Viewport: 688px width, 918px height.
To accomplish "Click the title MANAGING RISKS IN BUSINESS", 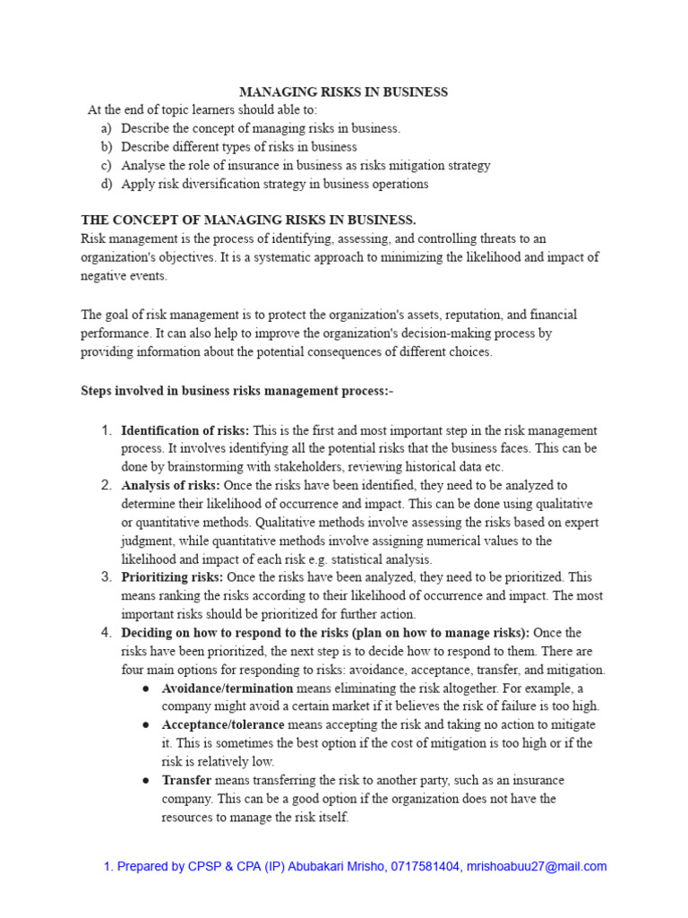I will (343, 91).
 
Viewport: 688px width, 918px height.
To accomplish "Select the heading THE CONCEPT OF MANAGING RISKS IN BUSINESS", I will (248, 220).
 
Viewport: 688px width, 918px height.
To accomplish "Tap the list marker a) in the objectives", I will (107, 128).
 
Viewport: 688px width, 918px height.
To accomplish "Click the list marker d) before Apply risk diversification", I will (107, 184).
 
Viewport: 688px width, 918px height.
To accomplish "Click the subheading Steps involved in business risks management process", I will (236, 391).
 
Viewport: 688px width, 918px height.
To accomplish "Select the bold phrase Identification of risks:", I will (185, 430).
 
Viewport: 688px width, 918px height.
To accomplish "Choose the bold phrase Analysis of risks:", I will (170, 485).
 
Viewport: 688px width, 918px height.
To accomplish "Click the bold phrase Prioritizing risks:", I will (172, 576).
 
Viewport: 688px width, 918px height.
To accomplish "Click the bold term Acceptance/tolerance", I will (223, 724).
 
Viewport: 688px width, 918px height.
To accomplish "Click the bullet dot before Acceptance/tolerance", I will (146, 724).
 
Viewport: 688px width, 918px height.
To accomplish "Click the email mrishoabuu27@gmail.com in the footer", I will (537, 866).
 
